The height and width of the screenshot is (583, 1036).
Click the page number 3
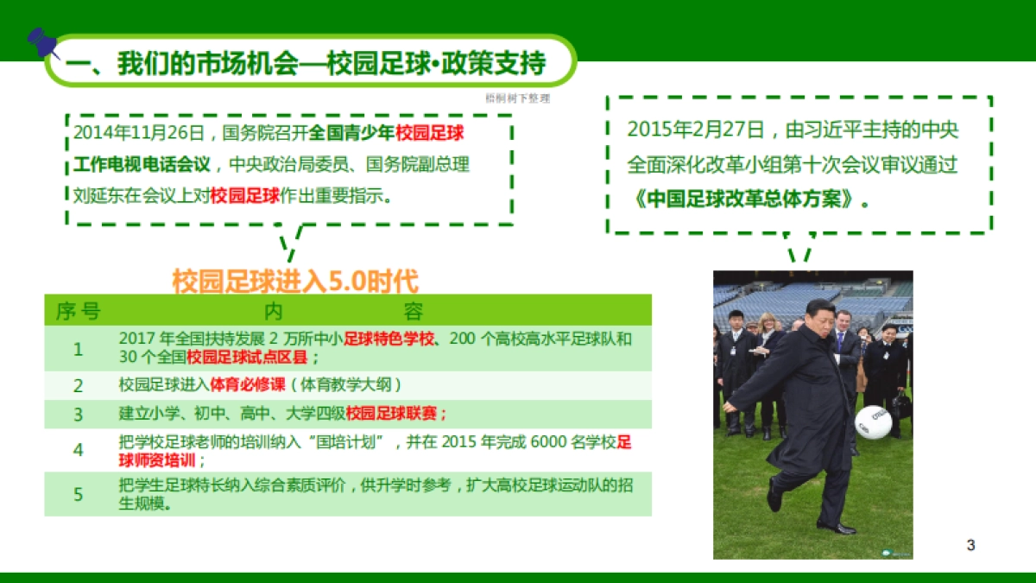[x=970, y=545]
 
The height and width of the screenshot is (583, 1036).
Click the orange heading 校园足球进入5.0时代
[x=295, y=282]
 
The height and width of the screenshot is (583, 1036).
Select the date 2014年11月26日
[x=137, y=134]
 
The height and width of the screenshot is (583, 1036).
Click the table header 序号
[x=78, y=311]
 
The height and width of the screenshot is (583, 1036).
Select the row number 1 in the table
[x=79, y=349]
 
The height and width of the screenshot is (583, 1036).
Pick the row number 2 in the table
[x=79, y=385]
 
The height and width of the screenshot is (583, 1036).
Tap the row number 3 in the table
[x=79, y=414]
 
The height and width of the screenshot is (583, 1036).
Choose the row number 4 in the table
[x=79, y=451]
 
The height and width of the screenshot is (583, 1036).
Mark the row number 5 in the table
[x=79, y=494]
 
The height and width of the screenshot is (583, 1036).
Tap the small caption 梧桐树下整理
[x=517, y=98]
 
